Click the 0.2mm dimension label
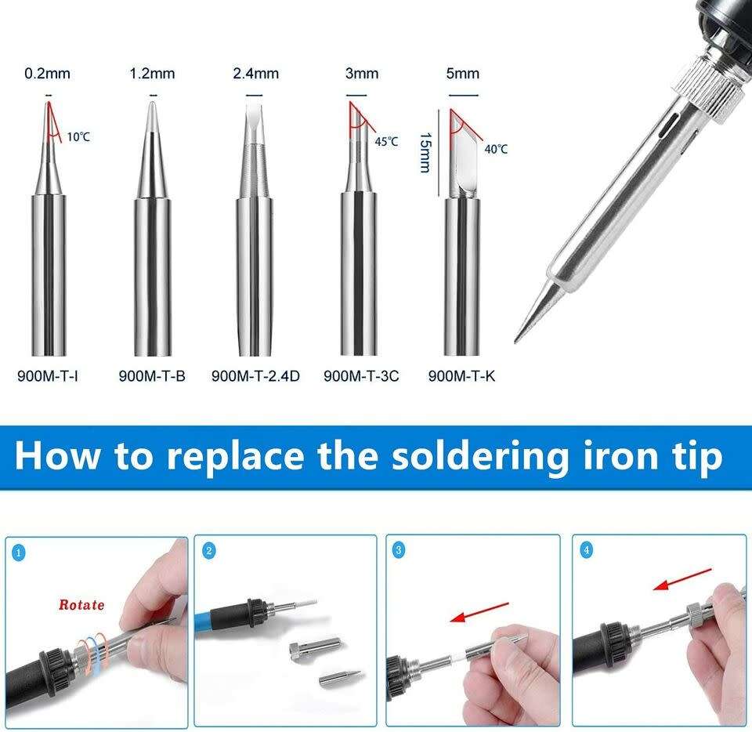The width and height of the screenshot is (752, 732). pos(48,74)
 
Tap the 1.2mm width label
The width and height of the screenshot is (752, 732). pos(153,74)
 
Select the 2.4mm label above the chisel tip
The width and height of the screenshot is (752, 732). pos(255,74)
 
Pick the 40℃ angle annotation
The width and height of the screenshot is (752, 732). pos(495,149)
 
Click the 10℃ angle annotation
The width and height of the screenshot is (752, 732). pos(78,136)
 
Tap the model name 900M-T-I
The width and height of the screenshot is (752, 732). pos(48,376)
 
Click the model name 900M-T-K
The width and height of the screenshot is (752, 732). pos(462,376)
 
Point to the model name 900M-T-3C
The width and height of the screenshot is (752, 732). pos(361,376)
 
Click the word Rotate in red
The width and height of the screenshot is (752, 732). pos(81,605)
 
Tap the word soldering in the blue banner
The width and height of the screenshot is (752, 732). pos(480,455)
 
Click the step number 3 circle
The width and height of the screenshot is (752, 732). pos(399,551)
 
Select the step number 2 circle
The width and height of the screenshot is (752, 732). pos(208,551)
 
